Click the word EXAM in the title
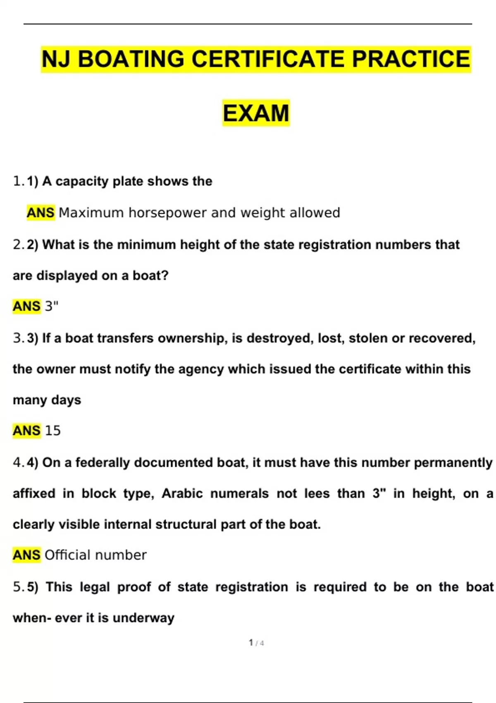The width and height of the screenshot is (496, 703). click(256, 113)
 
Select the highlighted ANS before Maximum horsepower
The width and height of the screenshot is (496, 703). click(41, 213)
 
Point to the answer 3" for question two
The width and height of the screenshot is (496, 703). click(52, 306)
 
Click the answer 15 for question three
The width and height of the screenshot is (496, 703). click(52, 431)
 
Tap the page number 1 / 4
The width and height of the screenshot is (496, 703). click(256, 643)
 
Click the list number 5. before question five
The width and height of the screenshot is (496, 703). click(19, 587)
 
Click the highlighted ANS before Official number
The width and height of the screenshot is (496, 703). click(27, 555)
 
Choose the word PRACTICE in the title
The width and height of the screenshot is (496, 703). click(411, 59)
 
